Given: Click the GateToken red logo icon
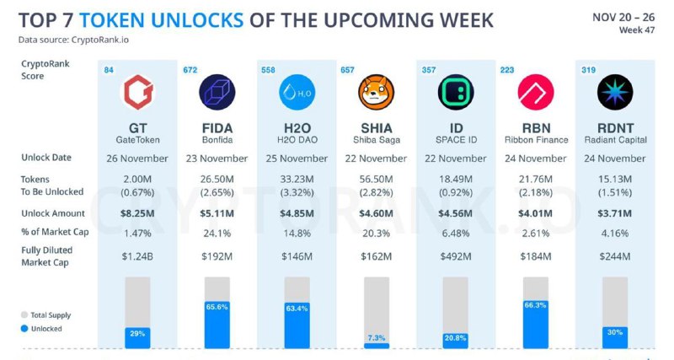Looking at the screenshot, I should click(137, 93).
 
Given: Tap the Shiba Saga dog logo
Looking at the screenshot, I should click(376, 93).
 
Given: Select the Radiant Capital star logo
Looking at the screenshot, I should click(615, 93).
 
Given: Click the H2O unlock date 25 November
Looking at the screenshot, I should click(297, 159).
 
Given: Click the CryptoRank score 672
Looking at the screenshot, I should click(190, 70).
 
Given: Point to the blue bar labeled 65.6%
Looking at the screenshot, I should click(217, 324).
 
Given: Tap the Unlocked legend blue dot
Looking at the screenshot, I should click(25, 329).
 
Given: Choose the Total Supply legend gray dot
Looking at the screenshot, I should click(25, 315).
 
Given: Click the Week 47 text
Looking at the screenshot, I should click(638, 31).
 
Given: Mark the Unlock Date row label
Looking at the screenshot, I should click(46, 158).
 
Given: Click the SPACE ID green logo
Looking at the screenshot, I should click(456, 93).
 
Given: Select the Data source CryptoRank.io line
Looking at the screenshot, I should click(74, 40).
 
